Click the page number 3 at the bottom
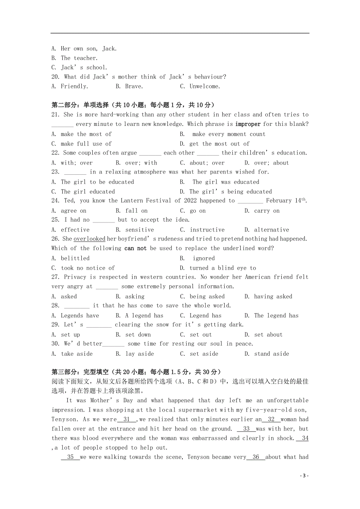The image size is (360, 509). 304,475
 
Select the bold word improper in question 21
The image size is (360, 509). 248,124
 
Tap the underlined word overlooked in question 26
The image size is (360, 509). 89,239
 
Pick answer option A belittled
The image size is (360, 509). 70,258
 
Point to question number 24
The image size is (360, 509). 55,201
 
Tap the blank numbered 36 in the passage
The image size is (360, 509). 256,457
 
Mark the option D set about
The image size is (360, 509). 263,335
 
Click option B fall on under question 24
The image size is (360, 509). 131,211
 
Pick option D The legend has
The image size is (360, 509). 272,316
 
